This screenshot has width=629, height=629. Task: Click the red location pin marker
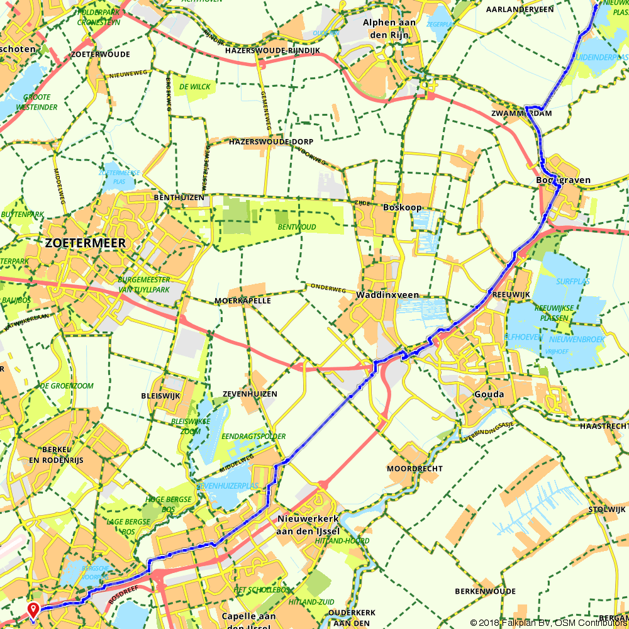[32, 609]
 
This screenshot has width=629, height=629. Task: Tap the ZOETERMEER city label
[85, 243]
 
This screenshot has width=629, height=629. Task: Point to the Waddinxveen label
[387, 295]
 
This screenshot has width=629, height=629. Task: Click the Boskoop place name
[402, 207]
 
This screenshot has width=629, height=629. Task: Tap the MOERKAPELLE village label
[243, 301]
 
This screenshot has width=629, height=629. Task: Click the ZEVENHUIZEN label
[250, 394]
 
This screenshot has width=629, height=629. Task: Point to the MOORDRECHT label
[415, 469]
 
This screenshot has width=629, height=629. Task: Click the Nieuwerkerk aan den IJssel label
[308, 524]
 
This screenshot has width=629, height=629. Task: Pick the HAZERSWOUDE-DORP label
[271, 142]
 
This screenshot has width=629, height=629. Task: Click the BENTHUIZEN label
[179, 198]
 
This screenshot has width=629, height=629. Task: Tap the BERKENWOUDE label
[485, 591]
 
